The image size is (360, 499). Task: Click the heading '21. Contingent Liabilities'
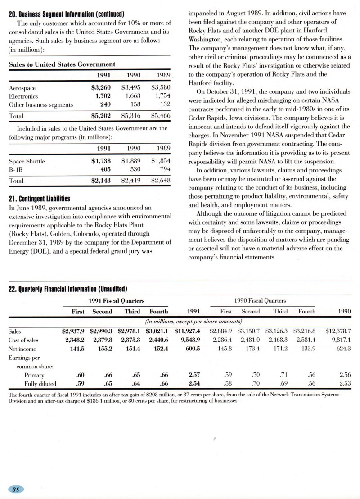click(40, 198)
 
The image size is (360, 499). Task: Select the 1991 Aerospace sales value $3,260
click(101, 88)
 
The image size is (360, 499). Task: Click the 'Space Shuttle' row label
click(27, 161)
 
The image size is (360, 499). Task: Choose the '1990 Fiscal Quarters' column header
click(260, 300)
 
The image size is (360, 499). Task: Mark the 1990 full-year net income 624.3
click(342, 349)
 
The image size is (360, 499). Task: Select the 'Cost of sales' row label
click(23, 340)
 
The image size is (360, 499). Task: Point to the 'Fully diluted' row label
click(40, 384)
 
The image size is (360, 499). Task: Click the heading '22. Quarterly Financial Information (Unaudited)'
click(68, 289)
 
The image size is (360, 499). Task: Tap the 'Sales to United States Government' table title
click(62, 64)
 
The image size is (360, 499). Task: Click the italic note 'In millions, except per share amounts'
click(194, 321)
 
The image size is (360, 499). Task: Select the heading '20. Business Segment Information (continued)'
click(67, 13)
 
